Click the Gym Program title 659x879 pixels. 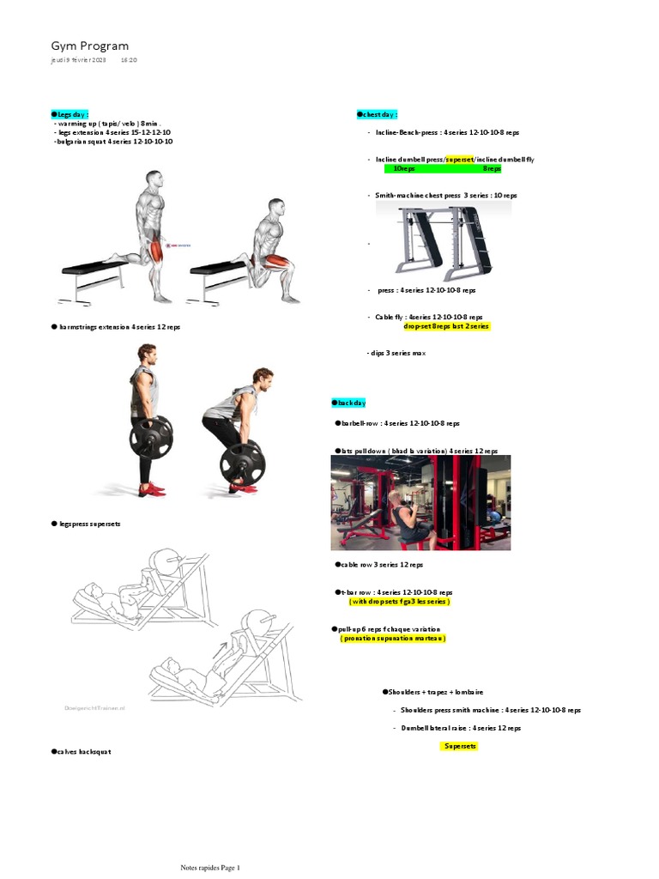(90, 45)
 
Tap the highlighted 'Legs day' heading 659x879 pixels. (70, 114)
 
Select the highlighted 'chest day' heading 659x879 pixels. (378, 114)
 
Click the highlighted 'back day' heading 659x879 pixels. (349, 403)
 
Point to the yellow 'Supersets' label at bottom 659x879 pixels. (461, 746)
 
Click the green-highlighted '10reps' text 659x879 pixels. (404, 169)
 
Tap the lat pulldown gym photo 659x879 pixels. (420, 502)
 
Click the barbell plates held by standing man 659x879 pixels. (151, 439)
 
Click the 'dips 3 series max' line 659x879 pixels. (396, 353)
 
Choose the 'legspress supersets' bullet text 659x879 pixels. (87, 524)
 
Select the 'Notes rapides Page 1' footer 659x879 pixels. (215, 867)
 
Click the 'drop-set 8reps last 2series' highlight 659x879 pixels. (447, 326)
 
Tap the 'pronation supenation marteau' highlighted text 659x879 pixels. (393, 639)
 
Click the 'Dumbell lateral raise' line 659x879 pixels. (460, 728)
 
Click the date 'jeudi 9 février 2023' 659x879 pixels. (79, 61)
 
